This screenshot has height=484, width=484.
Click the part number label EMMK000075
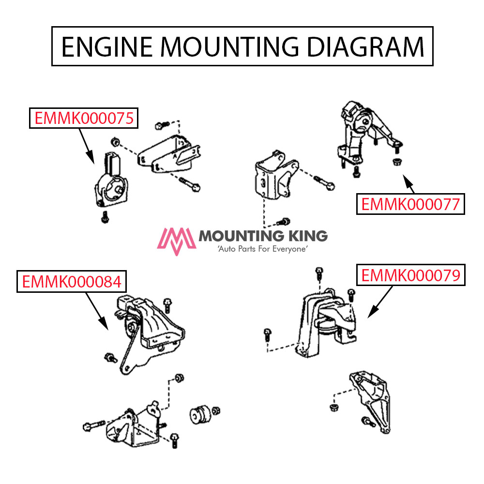pyautogui.click(x=84, y=118)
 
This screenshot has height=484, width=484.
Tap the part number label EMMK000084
pyautogui.click(x=71, y=282)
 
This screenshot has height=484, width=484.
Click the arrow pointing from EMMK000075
pyautogui.click(x=85, y=144)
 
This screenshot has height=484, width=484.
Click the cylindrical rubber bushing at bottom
pyautogui.click(x=198, y=414)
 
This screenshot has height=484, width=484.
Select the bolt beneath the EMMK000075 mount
pyautogui.click(x=104, y=218)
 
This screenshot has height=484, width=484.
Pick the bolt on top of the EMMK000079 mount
pyautogui.click(x=319, y=273)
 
